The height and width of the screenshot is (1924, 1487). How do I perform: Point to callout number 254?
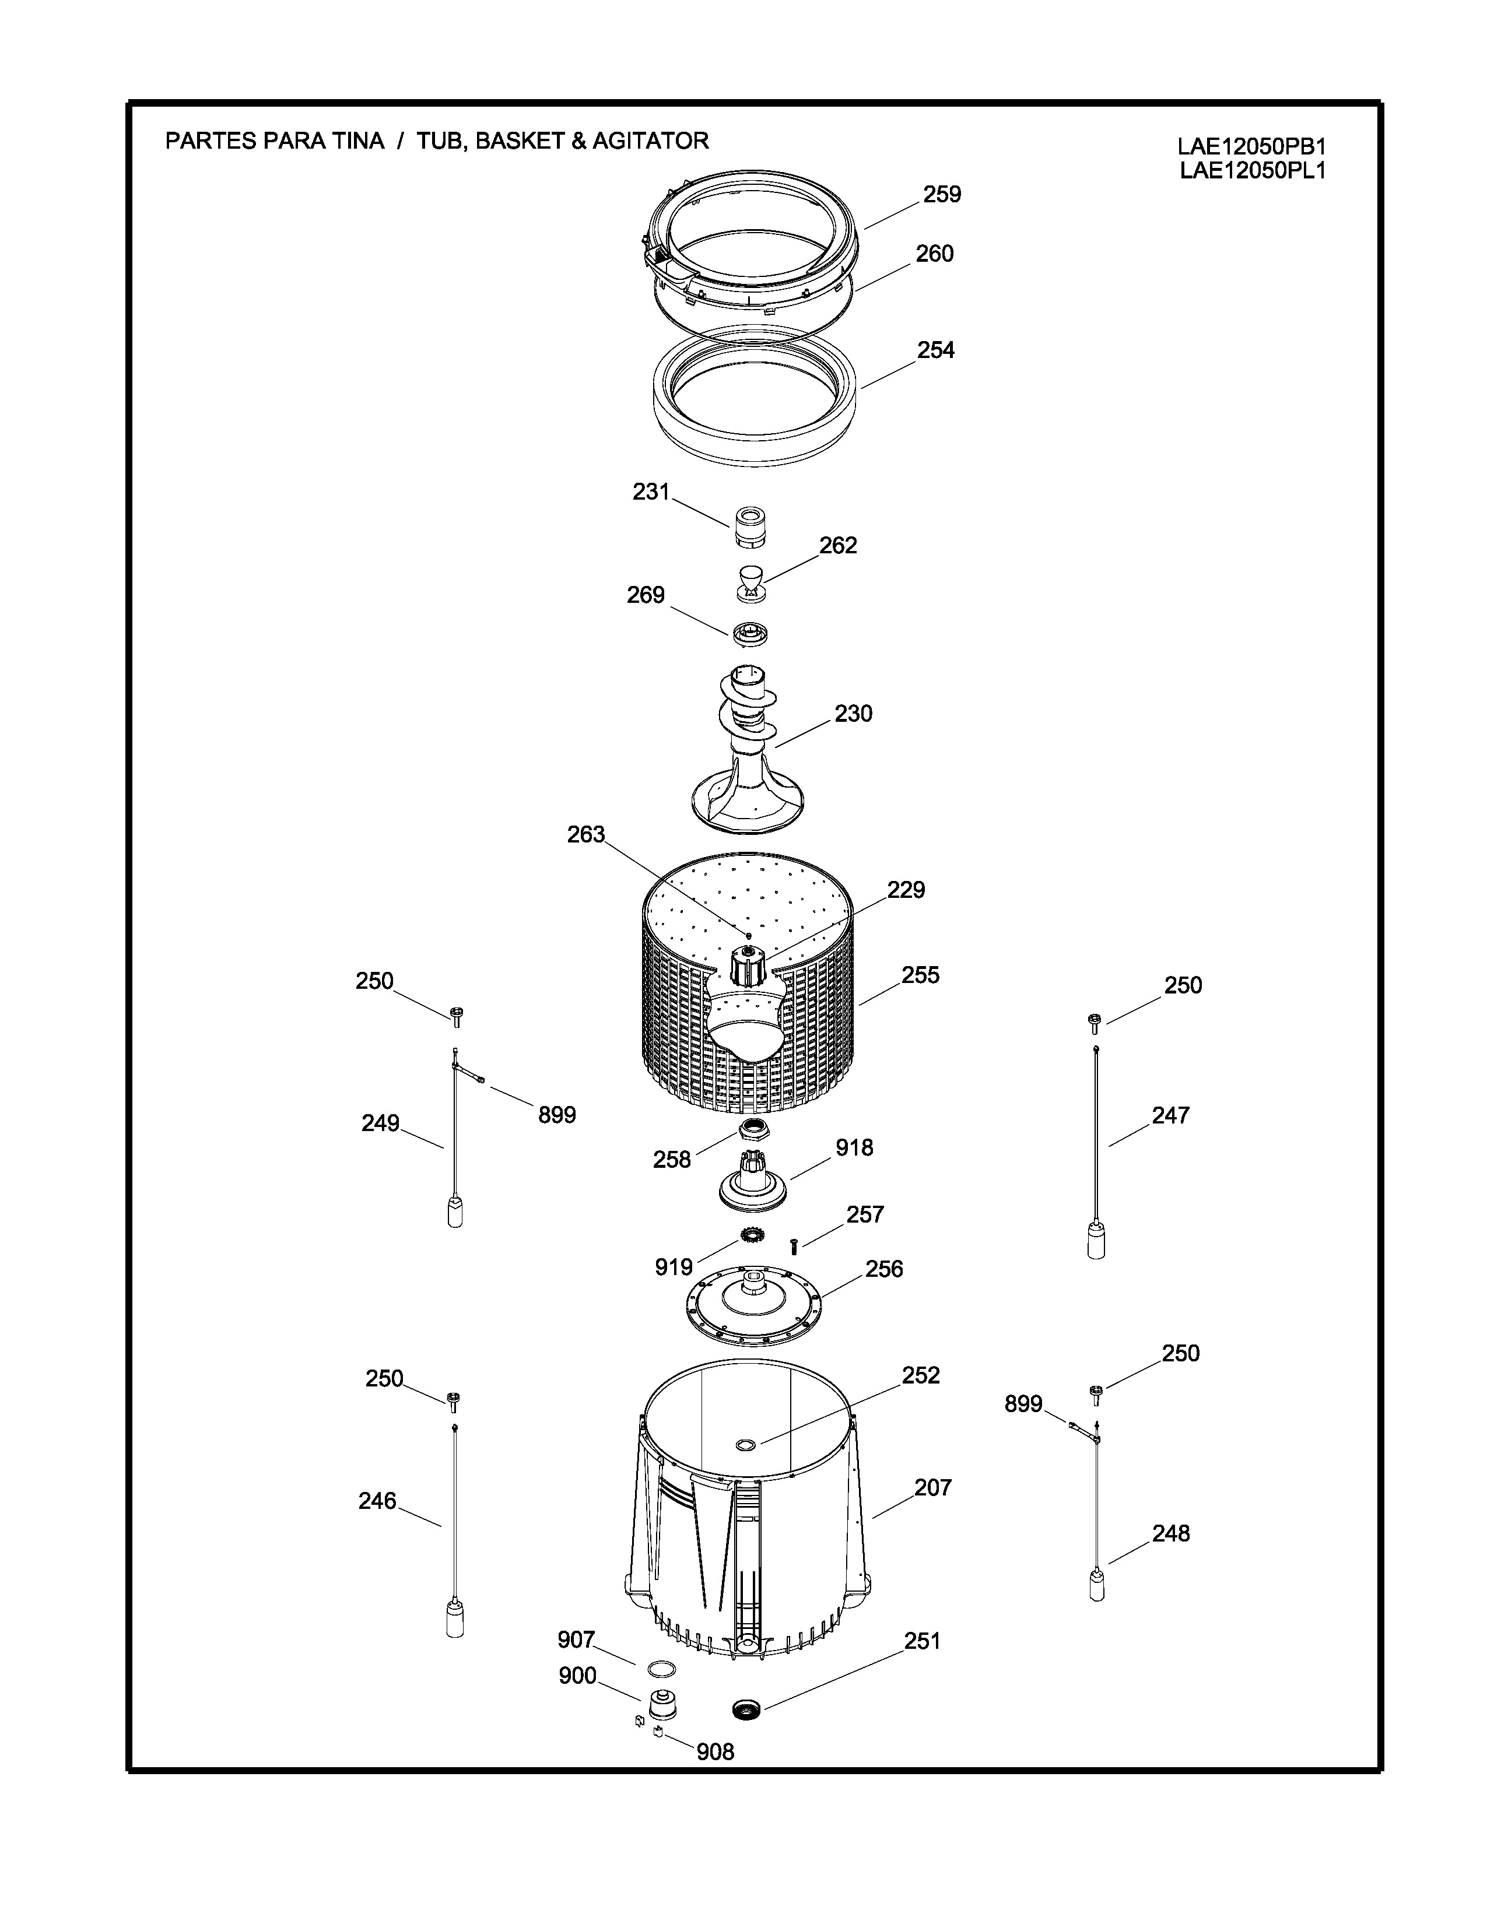[935, 350]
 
